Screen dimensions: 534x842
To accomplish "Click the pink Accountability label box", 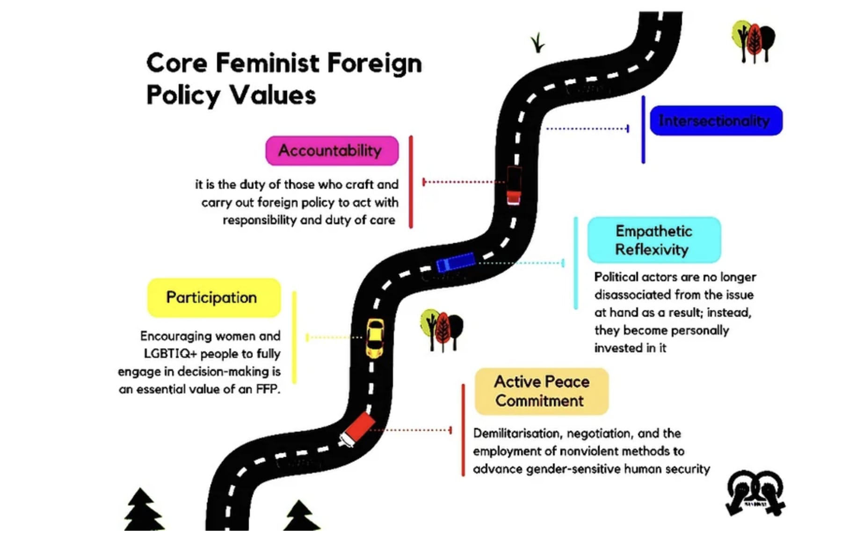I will point(332,151).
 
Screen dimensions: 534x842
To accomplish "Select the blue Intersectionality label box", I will point(716,121).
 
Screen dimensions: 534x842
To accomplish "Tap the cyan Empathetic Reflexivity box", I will point(653,240).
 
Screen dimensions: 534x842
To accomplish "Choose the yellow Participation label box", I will point(214,298).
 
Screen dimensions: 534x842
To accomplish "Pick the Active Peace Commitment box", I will point(541,392).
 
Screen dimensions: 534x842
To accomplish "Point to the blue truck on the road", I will point(455,262).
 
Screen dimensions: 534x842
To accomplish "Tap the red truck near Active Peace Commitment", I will point(358,429).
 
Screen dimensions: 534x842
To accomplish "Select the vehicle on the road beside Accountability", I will point(514,185).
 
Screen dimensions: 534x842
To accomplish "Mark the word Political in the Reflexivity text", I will point(616,277).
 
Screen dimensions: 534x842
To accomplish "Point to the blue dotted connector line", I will point(587,128).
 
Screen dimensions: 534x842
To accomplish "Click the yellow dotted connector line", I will point(334,337).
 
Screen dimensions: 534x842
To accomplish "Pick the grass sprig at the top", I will point(538,43).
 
